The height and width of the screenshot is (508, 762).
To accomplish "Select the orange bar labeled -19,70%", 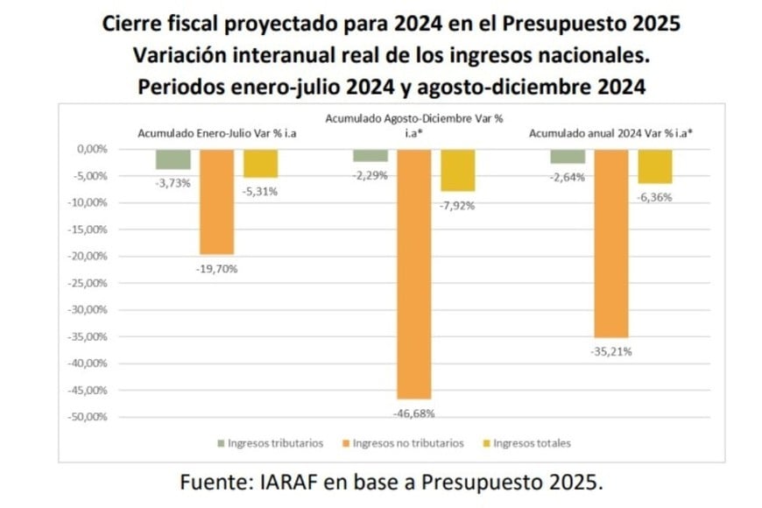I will [216, 201].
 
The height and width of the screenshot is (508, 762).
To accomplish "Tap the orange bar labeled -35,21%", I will [610, 243].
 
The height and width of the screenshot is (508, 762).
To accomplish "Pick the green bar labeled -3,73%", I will [173, 159].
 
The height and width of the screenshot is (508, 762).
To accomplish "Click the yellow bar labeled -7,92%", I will [457, 170].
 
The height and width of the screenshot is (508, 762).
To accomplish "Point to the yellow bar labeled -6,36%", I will [654, 166].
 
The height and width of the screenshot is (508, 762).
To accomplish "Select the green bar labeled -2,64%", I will [568, 156].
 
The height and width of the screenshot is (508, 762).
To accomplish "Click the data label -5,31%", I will [260, 192].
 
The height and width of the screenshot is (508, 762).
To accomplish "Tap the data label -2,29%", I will [370, 175].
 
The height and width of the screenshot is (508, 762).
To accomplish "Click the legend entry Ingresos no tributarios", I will [407, 443].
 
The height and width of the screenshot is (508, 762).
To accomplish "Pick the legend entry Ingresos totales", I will [531, 443].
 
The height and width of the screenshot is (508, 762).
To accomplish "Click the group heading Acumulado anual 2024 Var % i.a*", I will [611, 132].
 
